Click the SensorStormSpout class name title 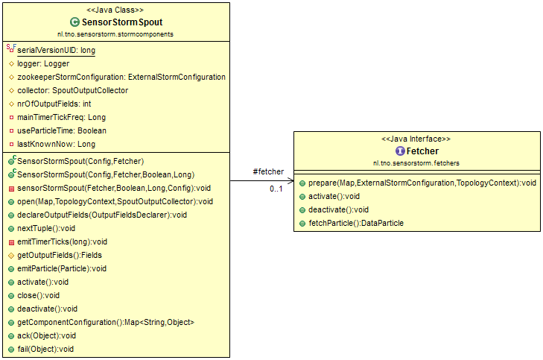coord(122,22)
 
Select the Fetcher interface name coord(422,151)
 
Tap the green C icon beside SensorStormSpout coord(74,22)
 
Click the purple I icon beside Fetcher coord(400,151)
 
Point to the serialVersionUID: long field coord(56,50)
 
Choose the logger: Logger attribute coord(43,64)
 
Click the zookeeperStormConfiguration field coord(121,77)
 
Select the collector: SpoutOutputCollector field coord(73,90)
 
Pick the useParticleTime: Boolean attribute coord(62,130)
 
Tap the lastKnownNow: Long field coord(56,144)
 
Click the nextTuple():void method coord(46,228)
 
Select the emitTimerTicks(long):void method coord(62,241)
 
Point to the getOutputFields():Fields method coord(60,256)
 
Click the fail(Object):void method coord(45,349)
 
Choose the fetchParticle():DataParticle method coord(356,223)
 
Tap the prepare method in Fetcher coord(422,183)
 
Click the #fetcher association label coord(268,171)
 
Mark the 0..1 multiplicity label coord(276,189)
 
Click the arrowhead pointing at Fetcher coord(291,180)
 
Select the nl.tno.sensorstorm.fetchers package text coord(416,163)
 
